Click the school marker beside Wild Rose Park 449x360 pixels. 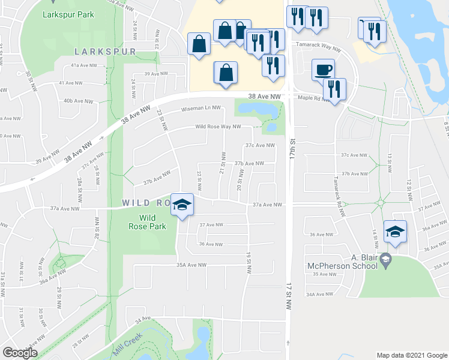click(182, 205)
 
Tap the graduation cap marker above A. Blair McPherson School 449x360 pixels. click(395, 231)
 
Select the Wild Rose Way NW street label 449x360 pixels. click(217, 127)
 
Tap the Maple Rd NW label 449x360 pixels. click(310, 98)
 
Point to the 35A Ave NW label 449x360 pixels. click(191, 265)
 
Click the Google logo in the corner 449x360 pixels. click(20, 352)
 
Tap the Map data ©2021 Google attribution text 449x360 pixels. click(411, 355)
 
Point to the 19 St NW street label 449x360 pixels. click(248, 262)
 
